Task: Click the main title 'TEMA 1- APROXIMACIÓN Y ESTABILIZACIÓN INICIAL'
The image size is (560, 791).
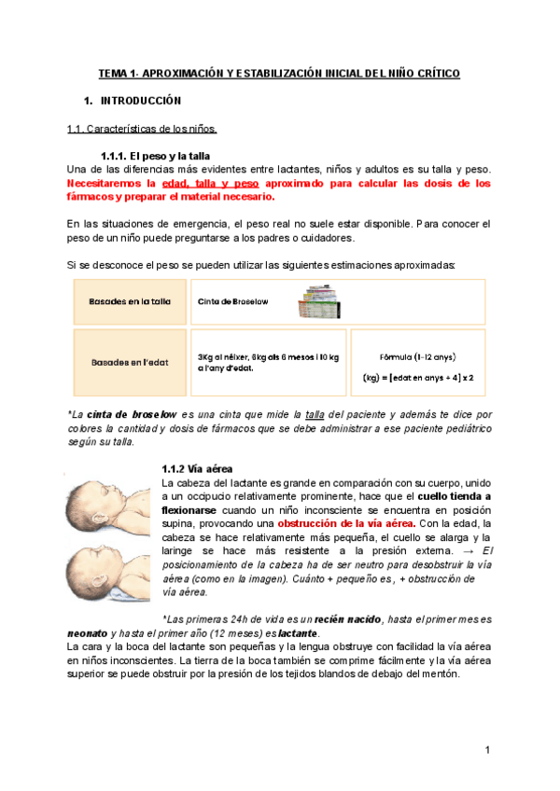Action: (279, 73)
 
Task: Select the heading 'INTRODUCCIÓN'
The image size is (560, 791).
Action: (140, 100)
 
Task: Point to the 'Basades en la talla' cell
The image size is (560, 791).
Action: (130, 302)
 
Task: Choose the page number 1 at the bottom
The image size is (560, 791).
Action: (487, 750)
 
